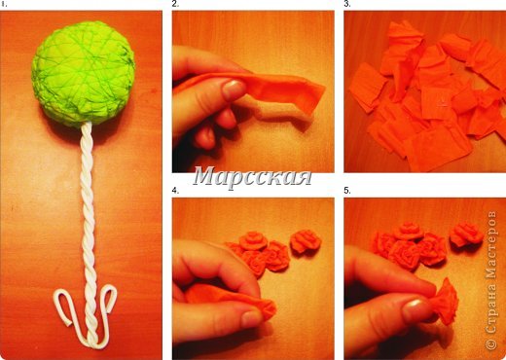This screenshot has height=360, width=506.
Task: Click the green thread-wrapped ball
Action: click(x=83, y=74)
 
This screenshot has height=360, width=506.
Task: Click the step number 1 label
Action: click(x=3, y=4)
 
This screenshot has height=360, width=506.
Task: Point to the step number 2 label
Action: click(x=175, y=4)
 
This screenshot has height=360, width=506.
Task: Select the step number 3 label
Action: click(x=347, y=4)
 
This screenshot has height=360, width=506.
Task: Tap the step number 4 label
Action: click(x=175, y=191)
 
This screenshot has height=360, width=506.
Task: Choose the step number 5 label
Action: click(x=347, y=191)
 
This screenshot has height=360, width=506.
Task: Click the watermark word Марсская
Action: click(x=252, y=177)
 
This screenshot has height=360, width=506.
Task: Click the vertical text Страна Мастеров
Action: click(x=491, y=271)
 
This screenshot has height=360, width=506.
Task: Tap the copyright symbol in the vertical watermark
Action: click(x=491, y=344)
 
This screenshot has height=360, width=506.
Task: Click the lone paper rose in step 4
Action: click(x=306, y=241)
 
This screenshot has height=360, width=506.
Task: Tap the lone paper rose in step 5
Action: click(x=466, y=234)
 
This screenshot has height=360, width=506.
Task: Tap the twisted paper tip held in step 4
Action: click(x=266, y=309)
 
